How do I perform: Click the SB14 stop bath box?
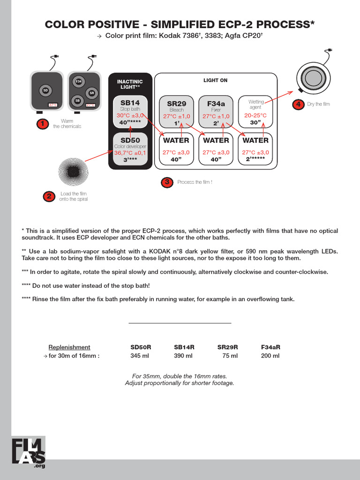click(130, 112)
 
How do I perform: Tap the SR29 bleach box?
click(176, 112)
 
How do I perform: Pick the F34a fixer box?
click(216, 112)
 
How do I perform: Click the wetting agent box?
click(255, 112)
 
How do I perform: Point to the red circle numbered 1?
click(43, 124)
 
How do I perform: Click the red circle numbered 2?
click(49, 196)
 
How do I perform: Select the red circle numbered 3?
click(166, 182)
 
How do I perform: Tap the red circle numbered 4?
click(297, 104)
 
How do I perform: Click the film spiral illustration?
click(73, 172)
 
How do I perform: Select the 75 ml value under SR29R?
click(230, 356)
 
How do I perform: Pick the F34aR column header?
click(270, 347)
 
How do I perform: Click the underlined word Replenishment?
click(69, 347)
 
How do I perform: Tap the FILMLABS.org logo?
click(29, 452)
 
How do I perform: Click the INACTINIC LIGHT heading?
click(130, 85)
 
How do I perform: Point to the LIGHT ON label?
click(215, 80)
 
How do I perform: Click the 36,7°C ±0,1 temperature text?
click(130, 153)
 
